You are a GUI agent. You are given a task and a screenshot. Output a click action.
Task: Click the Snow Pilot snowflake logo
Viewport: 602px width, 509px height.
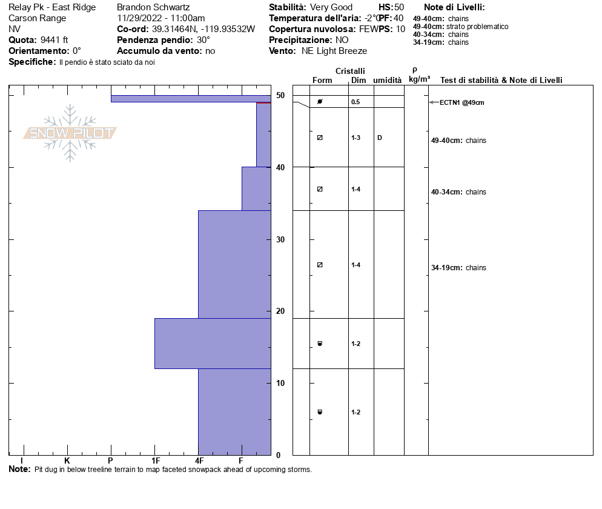click(x=70, y=133)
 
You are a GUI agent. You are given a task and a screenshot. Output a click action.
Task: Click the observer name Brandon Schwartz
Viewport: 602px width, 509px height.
click(x=153, y=7)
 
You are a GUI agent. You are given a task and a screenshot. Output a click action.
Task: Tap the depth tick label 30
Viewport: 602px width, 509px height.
click(x=280, y=239)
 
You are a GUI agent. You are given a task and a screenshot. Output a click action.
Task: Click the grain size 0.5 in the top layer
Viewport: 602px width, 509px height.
click(x=356, y=102)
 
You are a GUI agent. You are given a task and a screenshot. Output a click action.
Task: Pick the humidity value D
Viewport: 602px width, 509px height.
click(x=380, y=138)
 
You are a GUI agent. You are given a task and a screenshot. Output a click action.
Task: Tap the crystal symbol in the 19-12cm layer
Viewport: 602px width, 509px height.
click(x=320, y=344)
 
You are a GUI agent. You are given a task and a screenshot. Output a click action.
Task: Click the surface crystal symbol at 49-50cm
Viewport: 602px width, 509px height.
click(x=320, y=101)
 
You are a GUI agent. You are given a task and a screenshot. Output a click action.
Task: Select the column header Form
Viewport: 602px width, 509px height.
click(x=322, y=80)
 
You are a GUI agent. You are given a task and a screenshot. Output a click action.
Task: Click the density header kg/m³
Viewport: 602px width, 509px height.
click(x=419, y=79)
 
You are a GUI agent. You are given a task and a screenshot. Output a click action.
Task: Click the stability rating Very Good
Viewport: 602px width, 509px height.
click(x=331, y=7)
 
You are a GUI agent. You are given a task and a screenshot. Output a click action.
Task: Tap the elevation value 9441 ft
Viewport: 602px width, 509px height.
click(x=54, y=40)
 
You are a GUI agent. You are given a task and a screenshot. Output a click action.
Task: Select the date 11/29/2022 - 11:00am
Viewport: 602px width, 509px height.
click(x=160, y=18)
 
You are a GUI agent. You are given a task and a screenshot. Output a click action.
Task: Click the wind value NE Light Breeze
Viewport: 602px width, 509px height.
click(x=334, y=51)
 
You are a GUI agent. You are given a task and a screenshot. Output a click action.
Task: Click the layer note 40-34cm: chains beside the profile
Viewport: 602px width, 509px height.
click(x=458, y=192)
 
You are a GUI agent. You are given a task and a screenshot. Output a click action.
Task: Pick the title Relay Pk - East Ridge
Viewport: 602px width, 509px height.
click(x=52, y=7)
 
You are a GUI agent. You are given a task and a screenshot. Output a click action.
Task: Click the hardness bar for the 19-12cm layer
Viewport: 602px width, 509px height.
click(x=213, y=343)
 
